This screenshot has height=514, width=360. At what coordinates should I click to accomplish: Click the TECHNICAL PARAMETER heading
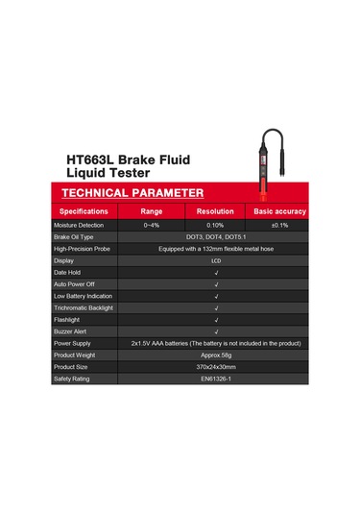click(130, 192)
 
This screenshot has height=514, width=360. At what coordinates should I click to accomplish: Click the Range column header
click(152, 210)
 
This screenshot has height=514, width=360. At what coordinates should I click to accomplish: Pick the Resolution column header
click(215, 210)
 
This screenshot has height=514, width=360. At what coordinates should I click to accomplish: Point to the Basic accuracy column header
click(279, 210)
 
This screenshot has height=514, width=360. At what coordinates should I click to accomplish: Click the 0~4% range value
click(152, 224)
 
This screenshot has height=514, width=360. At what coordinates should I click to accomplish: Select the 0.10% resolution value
click(215, 224)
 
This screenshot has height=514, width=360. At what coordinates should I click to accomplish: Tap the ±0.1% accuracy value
click(279, 224)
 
